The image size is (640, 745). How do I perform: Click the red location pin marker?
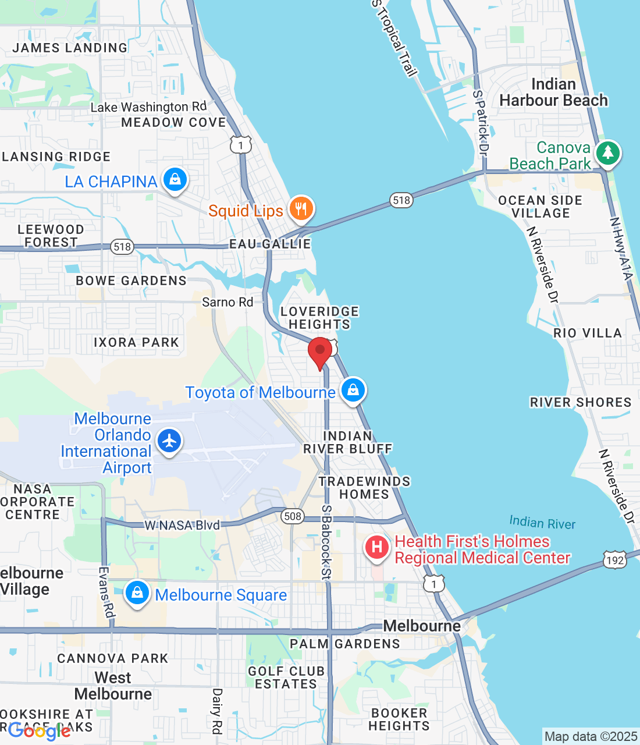tap(319, 351)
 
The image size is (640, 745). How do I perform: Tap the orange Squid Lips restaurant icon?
tap(301, 208)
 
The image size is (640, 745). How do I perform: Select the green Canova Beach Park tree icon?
tap(608, 153)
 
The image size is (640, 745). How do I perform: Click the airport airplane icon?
tap(169, 441)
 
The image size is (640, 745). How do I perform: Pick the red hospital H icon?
tap(376, 548)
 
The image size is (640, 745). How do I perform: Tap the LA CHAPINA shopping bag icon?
tap(175, 180)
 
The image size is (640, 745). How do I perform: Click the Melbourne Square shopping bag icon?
tap(137, 593)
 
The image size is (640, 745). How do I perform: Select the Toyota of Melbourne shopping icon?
tap(353, 391)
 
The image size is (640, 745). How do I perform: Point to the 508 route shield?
tap(293, 516)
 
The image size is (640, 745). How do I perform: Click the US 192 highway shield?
tap(614, 560)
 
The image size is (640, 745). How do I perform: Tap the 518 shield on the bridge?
tap(401, 201)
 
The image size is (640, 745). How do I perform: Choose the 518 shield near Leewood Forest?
tap(122, 247)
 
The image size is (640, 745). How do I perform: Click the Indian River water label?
tap(542, 523)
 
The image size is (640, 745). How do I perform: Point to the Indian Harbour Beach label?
tap(553, 93)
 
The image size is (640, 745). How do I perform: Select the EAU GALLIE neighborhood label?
tap(270, 244)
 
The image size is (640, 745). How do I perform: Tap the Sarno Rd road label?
tap(227, 302)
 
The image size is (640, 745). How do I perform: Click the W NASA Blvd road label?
tap(182, 526)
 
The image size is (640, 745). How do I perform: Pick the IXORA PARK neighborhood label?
tap(136, 342)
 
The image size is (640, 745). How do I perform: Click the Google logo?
tap(39, 731)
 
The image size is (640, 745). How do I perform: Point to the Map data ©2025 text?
tap(591, 736)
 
